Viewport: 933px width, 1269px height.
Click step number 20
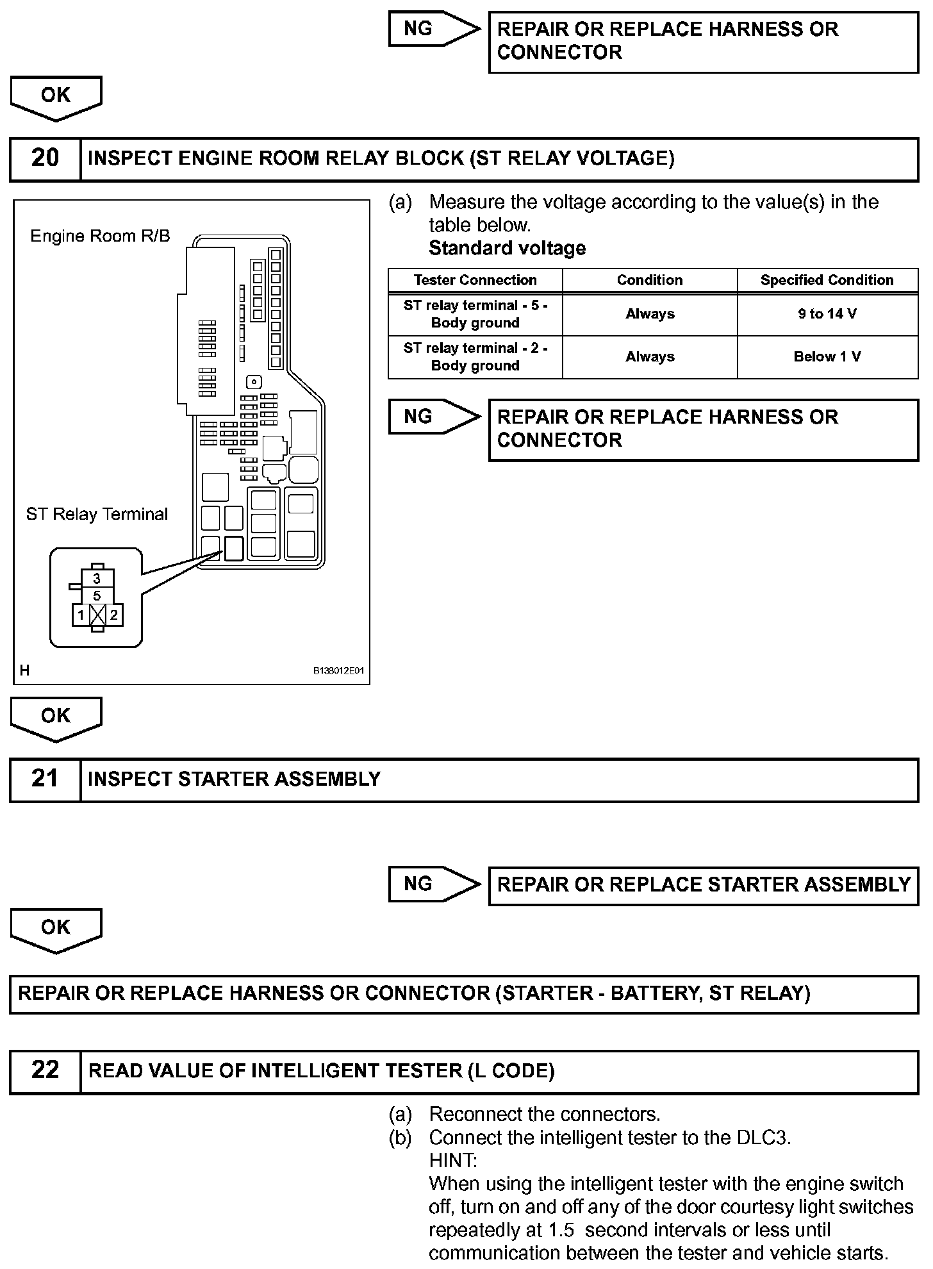(45, 158)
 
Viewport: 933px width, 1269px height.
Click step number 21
(45, 779)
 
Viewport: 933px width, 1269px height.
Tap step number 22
(45, 1070)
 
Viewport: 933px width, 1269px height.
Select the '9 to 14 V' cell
(827, 314)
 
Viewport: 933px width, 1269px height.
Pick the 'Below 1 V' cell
(827, 357)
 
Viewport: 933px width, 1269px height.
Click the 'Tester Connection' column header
(475, 280)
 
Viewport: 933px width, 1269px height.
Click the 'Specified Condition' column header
(827, 280)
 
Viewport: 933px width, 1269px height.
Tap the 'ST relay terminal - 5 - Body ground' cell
(475, 314)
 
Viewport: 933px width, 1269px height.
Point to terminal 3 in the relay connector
(97, 579)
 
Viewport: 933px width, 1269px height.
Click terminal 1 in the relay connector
(81, 616)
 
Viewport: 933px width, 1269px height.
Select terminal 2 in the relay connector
(113, 616)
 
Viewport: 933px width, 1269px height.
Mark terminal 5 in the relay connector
(97, 596)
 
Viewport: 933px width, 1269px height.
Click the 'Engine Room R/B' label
(101, 236)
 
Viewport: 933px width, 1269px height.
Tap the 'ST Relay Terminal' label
(97, 514)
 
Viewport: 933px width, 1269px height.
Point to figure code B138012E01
(338, 671)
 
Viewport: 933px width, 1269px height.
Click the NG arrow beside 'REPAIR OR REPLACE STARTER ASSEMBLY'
(433, 884)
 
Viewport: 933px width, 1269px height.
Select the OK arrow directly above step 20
(56, 97)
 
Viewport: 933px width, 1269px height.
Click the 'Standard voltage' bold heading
(507, 248)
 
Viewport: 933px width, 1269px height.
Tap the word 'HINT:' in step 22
(453, 1161)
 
